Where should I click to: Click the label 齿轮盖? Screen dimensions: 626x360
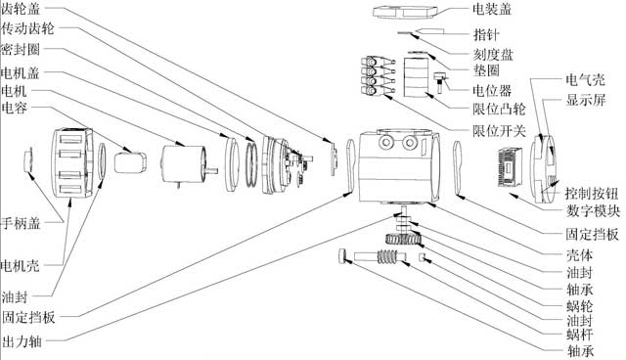pyautogui.click(x=21, y=9)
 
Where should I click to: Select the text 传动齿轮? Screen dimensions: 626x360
pyautogui.click(x=27, y=28)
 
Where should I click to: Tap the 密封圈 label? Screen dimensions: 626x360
pyautogui.click(x=21, y=50)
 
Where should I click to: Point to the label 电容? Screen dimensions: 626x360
pyautogui.click(x=15, y=108)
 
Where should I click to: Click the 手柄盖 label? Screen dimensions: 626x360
pyautogui.click(x=21, y=223)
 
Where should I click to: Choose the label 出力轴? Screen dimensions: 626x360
pyautogui.click(x=22, y=341)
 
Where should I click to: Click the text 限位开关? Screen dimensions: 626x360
pyautogui.click(x=500, y=131)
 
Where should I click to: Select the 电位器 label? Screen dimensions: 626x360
pyautogui.click(x=492, y=91)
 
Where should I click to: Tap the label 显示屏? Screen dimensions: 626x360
pyautogui.click(x=586, y=100)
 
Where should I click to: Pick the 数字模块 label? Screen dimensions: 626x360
pyautogui.click(x=593, y=210)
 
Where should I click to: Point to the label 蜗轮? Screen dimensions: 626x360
pyautogui.click(x=580, y=306)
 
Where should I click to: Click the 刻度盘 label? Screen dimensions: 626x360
pyautogui.click(x=493, y=55)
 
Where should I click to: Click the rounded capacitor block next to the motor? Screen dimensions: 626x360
pyautogui.click(x=130, y=162)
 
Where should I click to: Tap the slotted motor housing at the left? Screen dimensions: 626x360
pyautogui.click(x=72, y=162)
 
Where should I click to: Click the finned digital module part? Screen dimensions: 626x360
pyautogui.click(x=511, y=167)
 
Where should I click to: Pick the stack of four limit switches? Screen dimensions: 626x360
pyautogui.click(x=378, y=75)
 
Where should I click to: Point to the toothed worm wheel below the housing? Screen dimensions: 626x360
pyautogui.click(x=404, y=240)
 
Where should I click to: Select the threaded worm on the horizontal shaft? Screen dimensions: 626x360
pyautogui.click(x=388, y=256)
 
